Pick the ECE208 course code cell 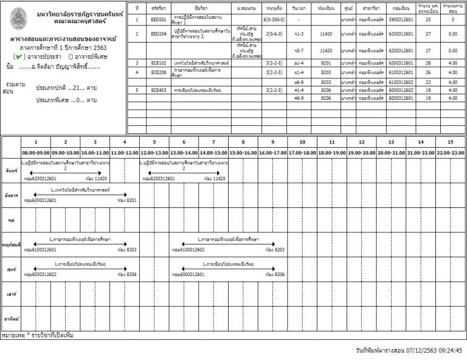click(158, 72)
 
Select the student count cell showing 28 click(427, 63)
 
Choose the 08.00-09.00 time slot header click(36, 153)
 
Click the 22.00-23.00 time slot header click(450, 153)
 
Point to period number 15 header click(450, 142)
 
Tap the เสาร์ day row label click(10, 294)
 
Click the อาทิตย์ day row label click(10, 319)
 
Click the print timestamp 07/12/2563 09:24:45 click(410, 350)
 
